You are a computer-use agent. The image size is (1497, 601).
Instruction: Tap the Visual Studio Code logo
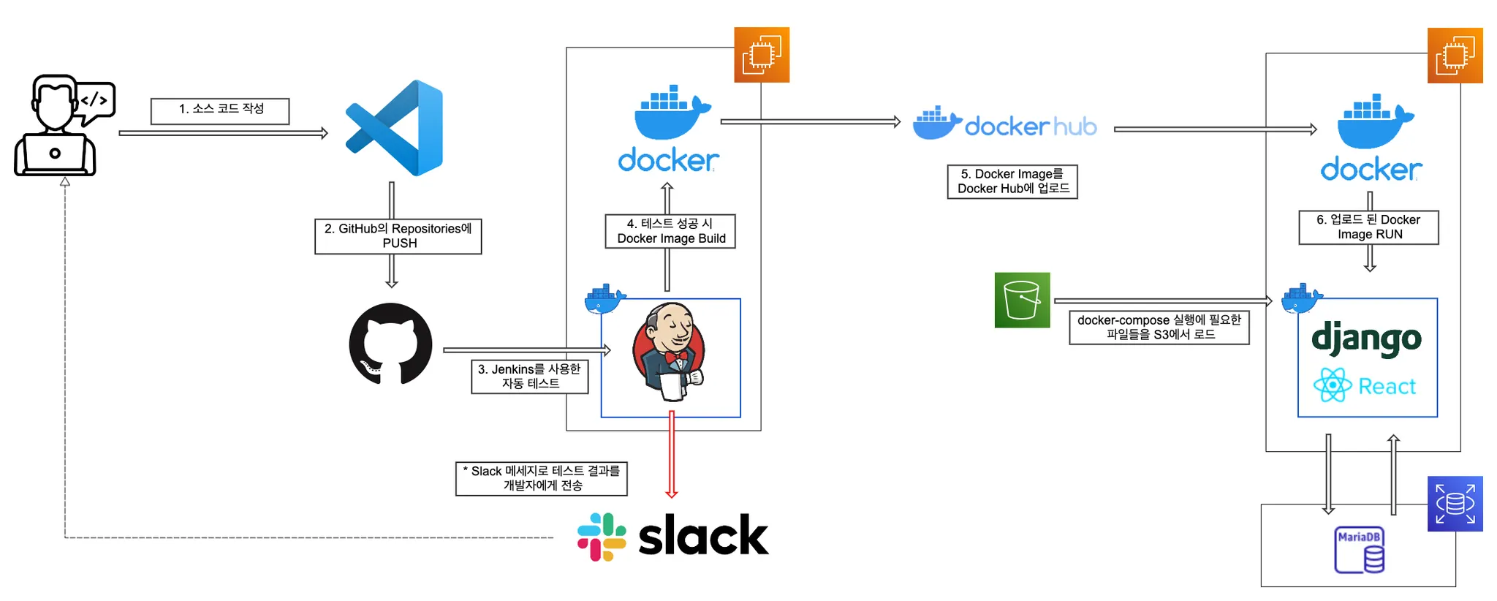tap(395, 128)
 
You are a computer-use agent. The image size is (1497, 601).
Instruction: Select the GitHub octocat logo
tap(390, 344)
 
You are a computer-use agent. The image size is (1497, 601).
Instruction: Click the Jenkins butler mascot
tap(670, 351)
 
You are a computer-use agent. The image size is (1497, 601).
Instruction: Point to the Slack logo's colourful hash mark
tap(602, 537)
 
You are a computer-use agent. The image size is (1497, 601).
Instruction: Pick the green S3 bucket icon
tap(1022, 300)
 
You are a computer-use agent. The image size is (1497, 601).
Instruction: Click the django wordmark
tap(1366, 339)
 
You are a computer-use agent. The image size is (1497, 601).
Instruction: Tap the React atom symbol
tap(1332, 385)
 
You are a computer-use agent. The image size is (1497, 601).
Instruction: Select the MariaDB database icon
tap(1359, 550)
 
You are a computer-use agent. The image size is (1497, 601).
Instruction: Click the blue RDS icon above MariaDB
tap(1455, 504)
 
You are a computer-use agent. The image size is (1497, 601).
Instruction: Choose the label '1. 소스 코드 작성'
tap(220, 110)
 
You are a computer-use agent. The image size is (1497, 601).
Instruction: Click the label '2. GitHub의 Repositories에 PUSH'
tap(398, 236)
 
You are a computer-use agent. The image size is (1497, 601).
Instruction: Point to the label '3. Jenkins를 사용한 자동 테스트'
tap(530, 377)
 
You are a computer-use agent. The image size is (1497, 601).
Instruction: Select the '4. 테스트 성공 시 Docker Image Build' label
tap(670, 231)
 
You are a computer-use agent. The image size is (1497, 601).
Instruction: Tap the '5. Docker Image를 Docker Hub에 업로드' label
tap(1012, 181)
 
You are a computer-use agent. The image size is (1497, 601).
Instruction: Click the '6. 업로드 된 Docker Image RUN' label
tap(1368, 227)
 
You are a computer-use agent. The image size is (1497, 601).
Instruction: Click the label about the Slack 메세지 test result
tap(542, 478)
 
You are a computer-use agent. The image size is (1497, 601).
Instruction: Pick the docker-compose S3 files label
tap(1159, 328)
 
